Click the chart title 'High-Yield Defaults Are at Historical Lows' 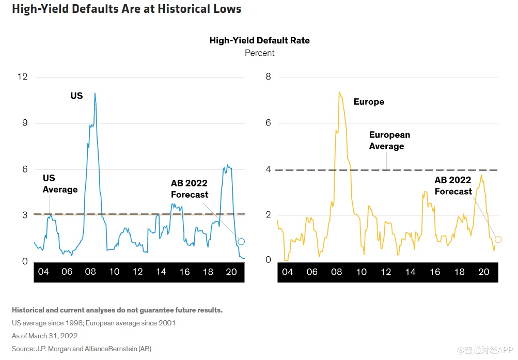(127, 9)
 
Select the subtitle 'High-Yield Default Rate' (259, 40)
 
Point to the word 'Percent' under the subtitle (259, 53)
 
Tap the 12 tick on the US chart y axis (23, 77)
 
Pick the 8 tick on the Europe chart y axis (268, 77)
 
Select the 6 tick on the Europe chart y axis (268, 123)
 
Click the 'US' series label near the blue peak (76, 96)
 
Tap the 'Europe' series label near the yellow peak (369, 102)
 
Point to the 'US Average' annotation (60, 184)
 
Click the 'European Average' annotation (390, 140)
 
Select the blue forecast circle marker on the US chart (241, 242)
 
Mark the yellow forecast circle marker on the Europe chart (498, 239)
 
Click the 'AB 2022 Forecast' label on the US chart (190, 189)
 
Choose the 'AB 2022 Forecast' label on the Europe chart (453, 185)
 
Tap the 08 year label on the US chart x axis (90, 272)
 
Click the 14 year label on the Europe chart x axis (410, 272)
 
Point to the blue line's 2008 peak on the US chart (95, 93)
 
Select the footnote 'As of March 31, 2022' (45, 336)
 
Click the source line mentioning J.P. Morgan (82, 349)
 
